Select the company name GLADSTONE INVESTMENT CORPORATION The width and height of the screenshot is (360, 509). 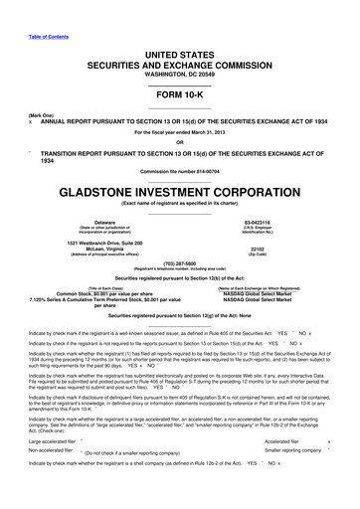180,193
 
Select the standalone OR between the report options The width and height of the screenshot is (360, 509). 180,140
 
